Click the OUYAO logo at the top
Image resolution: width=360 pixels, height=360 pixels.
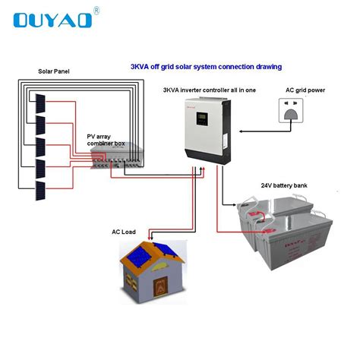pyautogui.click(x=53, y=19)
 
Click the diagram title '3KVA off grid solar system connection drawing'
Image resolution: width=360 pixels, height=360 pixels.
pyautogui.click(x=206, y=67)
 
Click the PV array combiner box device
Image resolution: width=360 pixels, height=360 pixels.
pyautogui.click(x=118, y=158)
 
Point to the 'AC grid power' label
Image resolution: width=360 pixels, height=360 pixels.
pyautogui.click(x=305, y=90)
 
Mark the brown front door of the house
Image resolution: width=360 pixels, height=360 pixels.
pyautogui.click(x=161, y=288)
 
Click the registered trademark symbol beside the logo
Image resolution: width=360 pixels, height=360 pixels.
pyautogui.click(x=95, y=10)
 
